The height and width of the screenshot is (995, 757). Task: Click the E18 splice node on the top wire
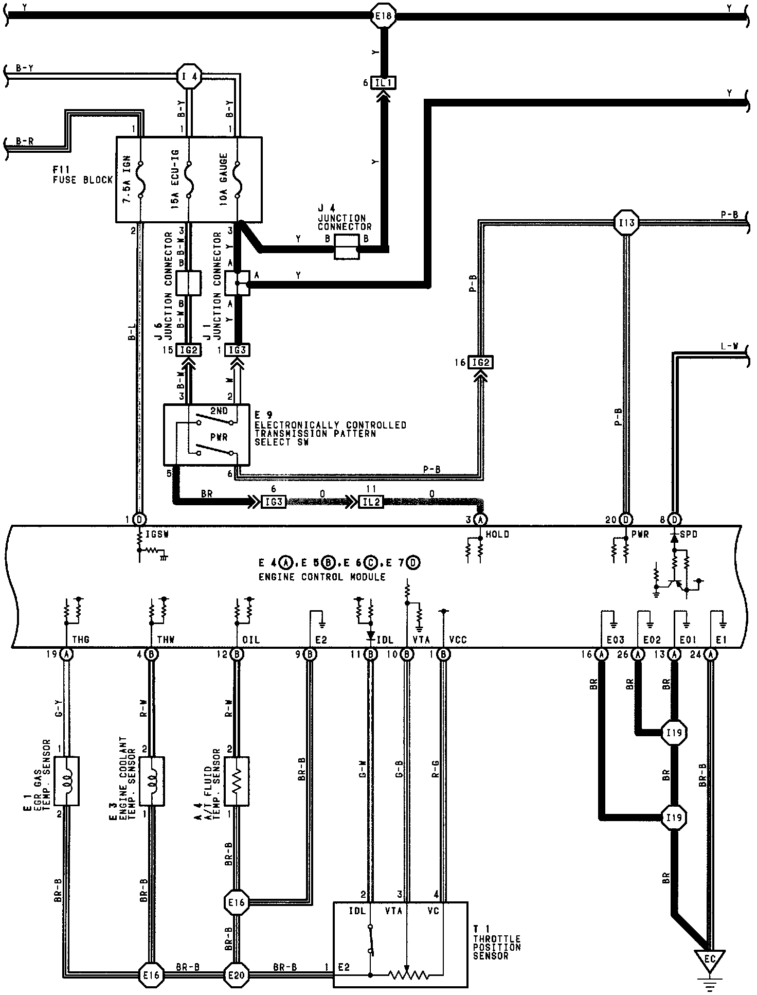(384, 16)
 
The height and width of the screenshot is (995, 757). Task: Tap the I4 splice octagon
(189, 77)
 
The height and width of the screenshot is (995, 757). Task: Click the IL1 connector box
(384, 82)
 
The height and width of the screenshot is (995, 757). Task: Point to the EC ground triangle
(709, 960)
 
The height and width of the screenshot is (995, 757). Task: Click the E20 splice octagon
(237, 974)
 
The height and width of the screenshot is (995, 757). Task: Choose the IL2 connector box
(370, 502)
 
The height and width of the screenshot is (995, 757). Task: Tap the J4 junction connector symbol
(347, 247)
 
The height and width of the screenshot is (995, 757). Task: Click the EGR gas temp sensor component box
(66, 780)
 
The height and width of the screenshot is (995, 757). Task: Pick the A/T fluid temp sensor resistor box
(237, 780)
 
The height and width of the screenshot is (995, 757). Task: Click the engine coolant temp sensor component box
(152, 780)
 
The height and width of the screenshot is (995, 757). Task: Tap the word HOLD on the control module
(497, 535)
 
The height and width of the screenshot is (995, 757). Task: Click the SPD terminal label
(689, 535)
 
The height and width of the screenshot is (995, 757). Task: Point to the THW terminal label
(166, 639)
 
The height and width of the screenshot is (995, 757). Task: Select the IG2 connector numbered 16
(481, 363)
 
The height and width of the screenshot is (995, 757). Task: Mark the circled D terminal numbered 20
(626, 520)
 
